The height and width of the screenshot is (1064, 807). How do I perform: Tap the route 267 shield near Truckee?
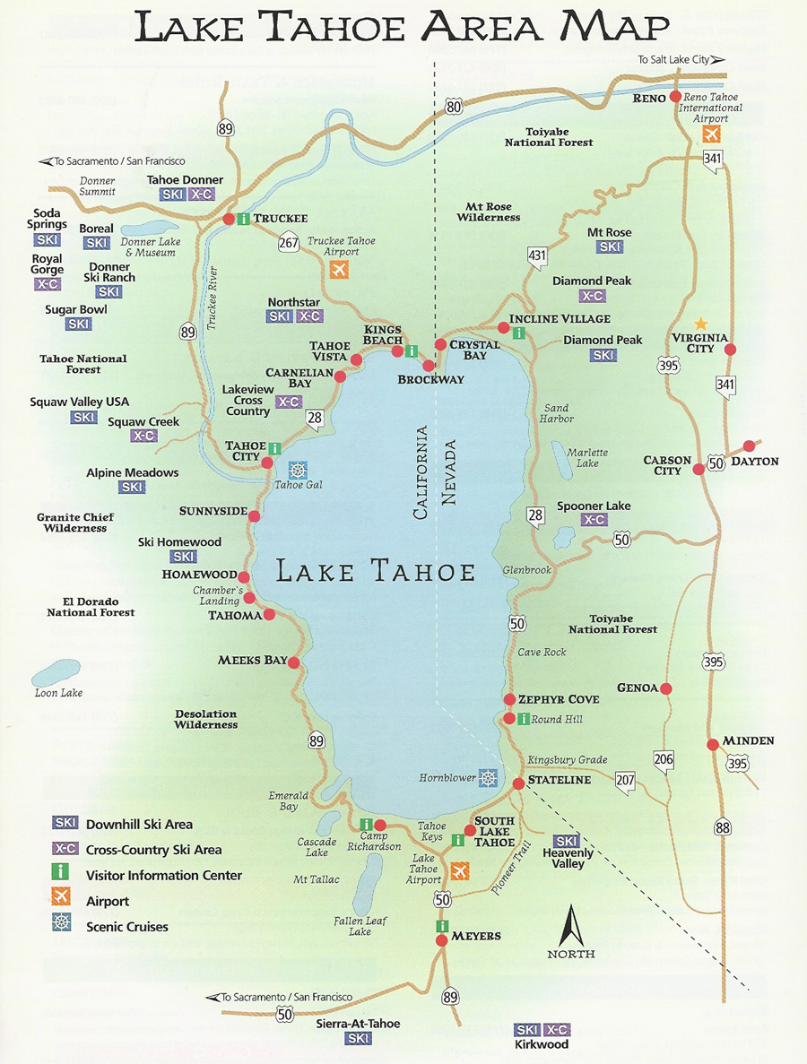click(x=289, y=243)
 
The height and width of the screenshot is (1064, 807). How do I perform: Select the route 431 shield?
click(x=536, y=256)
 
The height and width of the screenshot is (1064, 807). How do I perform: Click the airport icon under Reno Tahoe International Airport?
click(x=712, y=134)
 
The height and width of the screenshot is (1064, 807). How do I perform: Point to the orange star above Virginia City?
click(x=701, y=323)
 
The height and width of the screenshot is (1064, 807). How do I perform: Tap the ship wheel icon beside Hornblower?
click(x=488, y=778)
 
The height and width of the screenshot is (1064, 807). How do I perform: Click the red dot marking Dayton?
click(x=749, y=445)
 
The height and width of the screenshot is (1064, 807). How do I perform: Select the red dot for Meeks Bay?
click(x=294, y=662)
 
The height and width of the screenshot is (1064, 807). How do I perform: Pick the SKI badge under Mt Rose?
click(x=610, y=247)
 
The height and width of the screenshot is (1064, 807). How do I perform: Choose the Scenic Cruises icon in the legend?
click(x=62, y=926)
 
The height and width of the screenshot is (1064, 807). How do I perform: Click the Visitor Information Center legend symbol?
click(x=63, y=875)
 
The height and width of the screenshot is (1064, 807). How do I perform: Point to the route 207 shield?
click(x=625, y=781)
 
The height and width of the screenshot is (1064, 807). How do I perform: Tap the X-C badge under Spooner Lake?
click(x=594, y=520)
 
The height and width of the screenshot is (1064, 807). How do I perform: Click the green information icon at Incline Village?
click(x=518, y=333)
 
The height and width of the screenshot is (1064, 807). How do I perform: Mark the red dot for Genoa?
click(x=666, y=688)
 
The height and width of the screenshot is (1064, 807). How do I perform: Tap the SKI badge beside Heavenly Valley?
click(x=566, y=841)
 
